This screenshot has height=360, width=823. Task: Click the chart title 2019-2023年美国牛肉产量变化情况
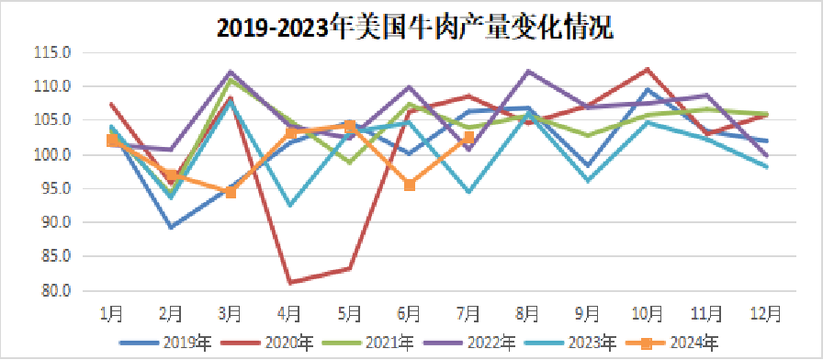click(x=415, y=28)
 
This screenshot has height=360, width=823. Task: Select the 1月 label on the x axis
click(x=111, y=313)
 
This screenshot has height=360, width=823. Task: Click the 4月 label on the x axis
click(x=290, y=313)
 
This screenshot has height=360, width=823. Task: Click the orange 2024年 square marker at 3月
click(x=231, y=192)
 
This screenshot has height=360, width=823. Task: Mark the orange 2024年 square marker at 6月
click(x=410, y=186)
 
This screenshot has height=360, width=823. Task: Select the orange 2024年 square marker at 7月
click(x=468, y=138)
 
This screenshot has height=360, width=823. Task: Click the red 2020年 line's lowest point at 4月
click(x=290, y=282)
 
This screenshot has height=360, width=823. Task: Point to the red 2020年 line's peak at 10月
click(x=648, y=69)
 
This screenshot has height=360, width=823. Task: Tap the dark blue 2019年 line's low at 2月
click(x=171, y=227)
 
